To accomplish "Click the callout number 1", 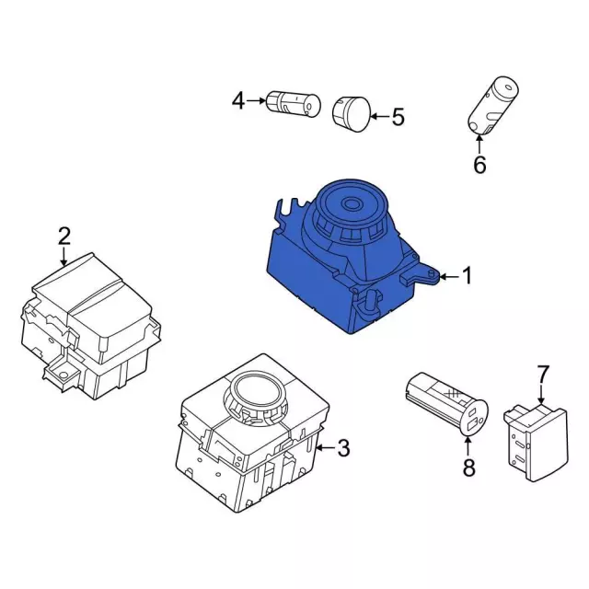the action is pyautogui.click(x=467, y=276).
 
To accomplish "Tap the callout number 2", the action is pyautogui.click(x=64, y=237).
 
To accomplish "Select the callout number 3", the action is pyautogui.click(x=343, y=448).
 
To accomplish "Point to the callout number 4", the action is pyautogui.click(x=238, y=100).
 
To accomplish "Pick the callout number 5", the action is pyautogui.click(x=398, y=117).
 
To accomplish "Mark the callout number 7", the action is pyautogui.click(x=543, y=375).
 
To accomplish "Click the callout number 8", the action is pyautogui.click(x=468, y=467).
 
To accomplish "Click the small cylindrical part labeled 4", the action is pyautogui.click(x=294, y=103).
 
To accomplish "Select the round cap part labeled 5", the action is pyautogui.click(x=352, y=114).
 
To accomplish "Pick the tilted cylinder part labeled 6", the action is pyautogui.click(x=492, y=106).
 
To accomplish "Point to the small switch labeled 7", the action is pyautogui.click(x=536, y=443).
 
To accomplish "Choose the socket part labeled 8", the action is pyautogui.click(x=446, y=403).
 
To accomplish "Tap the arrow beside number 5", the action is pyautogui.click(x=380, y=117).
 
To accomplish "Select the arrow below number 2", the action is pyautogui.click(x=64, y=257).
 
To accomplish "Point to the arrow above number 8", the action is pyautogui.click(x=468, y=445).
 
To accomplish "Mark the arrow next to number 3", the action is pyautogui.click(x=325, y=448).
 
